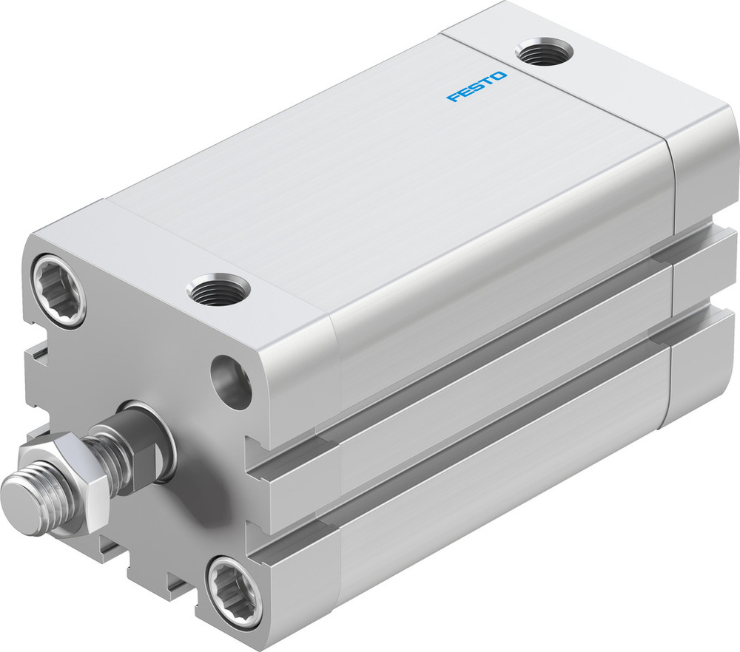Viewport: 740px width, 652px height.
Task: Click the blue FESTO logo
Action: coord(477,86)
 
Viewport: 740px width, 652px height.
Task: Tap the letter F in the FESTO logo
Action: coord(451,98)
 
